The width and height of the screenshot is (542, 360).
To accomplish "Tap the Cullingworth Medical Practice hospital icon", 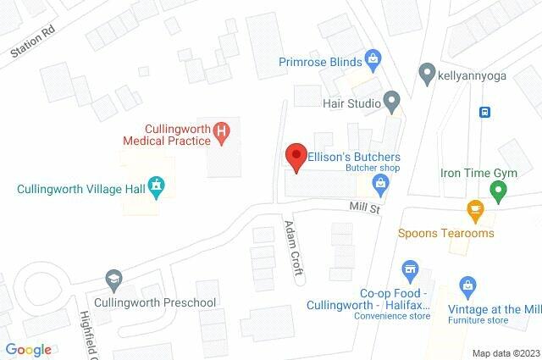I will click(220, 130).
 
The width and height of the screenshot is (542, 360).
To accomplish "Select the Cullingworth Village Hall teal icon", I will click(156, 186).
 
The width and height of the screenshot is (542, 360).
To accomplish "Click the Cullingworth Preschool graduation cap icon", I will click(113, 279).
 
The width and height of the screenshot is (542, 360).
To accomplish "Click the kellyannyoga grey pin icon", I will click(427, 73).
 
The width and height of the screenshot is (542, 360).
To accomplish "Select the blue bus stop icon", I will click(484, 112).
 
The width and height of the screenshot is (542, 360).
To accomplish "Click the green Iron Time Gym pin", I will click(499, 192).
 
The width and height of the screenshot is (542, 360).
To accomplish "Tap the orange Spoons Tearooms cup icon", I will click(474, 208).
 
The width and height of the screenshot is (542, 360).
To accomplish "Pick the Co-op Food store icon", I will click(410, 271).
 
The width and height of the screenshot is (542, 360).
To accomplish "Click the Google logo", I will click(28, 349).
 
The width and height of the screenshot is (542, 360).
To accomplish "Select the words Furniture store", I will click(478, 320).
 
